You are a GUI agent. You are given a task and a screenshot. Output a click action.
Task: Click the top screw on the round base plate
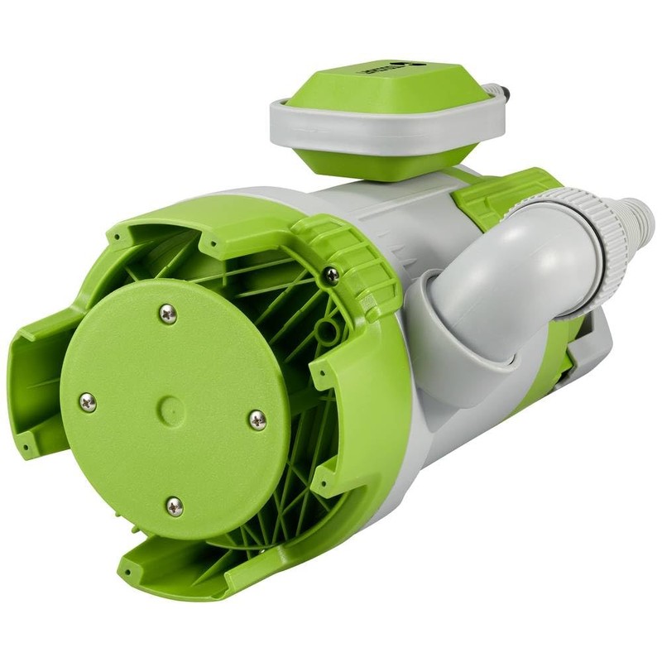point(168,314)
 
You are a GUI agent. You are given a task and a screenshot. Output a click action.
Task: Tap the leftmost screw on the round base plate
point(87,403)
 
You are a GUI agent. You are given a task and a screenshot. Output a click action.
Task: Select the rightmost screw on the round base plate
point(258,420)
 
